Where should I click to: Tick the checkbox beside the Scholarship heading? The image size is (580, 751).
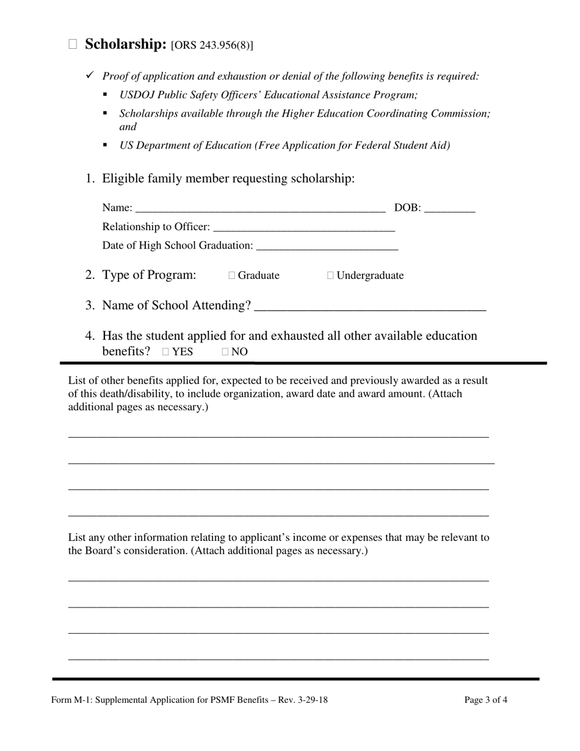73,44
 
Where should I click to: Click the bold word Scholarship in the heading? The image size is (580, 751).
126,44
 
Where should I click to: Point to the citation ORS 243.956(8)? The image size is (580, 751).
212,45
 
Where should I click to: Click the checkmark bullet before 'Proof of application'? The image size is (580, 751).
90,75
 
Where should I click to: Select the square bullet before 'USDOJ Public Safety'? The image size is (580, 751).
105,94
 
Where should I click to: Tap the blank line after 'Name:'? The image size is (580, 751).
260,209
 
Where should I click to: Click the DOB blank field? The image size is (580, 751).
449,209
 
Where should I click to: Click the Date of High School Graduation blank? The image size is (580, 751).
327,246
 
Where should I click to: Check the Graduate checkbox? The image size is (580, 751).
232,275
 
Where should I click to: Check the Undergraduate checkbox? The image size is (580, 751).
330,275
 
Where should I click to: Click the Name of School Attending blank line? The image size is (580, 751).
370,307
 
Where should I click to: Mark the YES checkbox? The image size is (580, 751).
166,352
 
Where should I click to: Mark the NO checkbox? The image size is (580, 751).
225,352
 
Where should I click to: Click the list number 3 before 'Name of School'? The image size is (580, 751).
90,305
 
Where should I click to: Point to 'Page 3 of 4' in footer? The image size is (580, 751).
485,700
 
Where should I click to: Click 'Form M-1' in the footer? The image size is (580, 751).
68,700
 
